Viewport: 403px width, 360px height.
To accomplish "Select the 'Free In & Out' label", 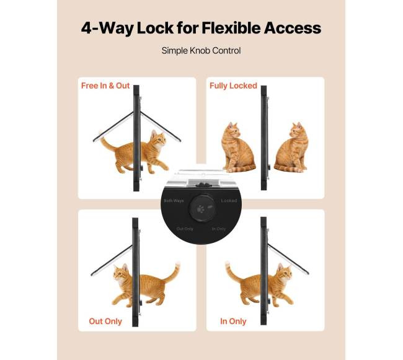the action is coord(105,86).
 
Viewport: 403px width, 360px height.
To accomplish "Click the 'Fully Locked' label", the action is coord(233,86).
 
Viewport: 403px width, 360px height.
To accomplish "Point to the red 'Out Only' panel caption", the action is coord(105,321).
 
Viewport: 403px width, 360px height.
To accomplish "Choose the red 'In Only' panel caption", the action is coord(233,321).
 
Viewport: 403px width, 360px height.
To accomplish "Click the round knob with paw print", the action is coord(201,208).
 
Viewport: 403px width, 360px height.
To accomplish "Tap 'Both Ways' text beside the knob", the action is coord(174,201).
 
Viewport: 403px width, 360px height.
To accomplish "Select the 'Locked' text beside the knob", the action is coord(229,201).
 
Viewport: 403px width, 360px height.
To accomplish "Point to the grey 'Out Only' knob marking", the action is coord(185,229).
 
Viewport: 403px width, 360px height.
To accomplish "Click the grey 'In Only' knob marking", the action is coord(218,229).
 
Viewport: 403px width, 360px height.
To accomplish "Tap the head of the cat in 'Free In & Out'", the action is coord(158,139).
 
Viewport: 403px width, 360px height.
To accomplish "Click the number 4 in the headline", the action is coord(86,28).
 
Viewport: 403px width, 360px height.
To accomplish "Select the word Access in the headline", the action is coord(293,28).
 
